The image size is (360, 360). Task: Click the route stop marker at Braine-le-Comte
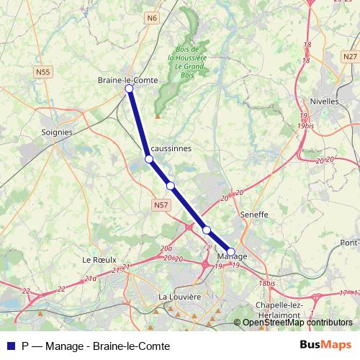[x=130, y=89]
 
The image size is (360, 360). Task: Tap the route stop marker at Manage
[x=230, y=251]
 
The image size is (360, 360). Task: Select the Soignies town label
[x=57, y=132]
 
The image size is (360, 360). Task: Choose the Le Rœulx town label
[x=99, y=259]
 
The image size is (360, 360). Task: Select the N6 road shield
[x=150, y=17]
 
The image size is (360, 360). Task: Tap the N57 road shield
[x=161, y=206]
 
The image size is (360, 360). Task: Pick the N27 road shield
[x=350, y=56]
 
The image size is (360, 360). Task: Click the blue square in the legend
[x=10, y=344]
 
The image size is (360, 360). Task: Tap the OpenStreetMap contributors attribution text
[x=297, y=323]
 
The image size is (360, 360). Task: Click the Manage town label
[x=232, y=257]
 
